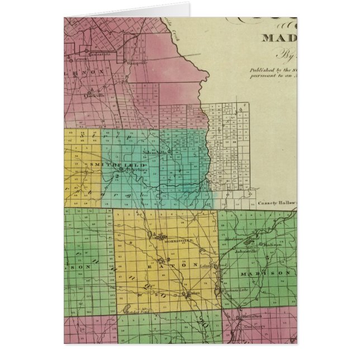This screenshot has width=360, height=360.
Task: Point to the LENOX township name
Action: tap(86, 73)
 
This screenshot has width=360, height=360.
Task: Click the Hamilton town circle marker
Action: tap(246, 316)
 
